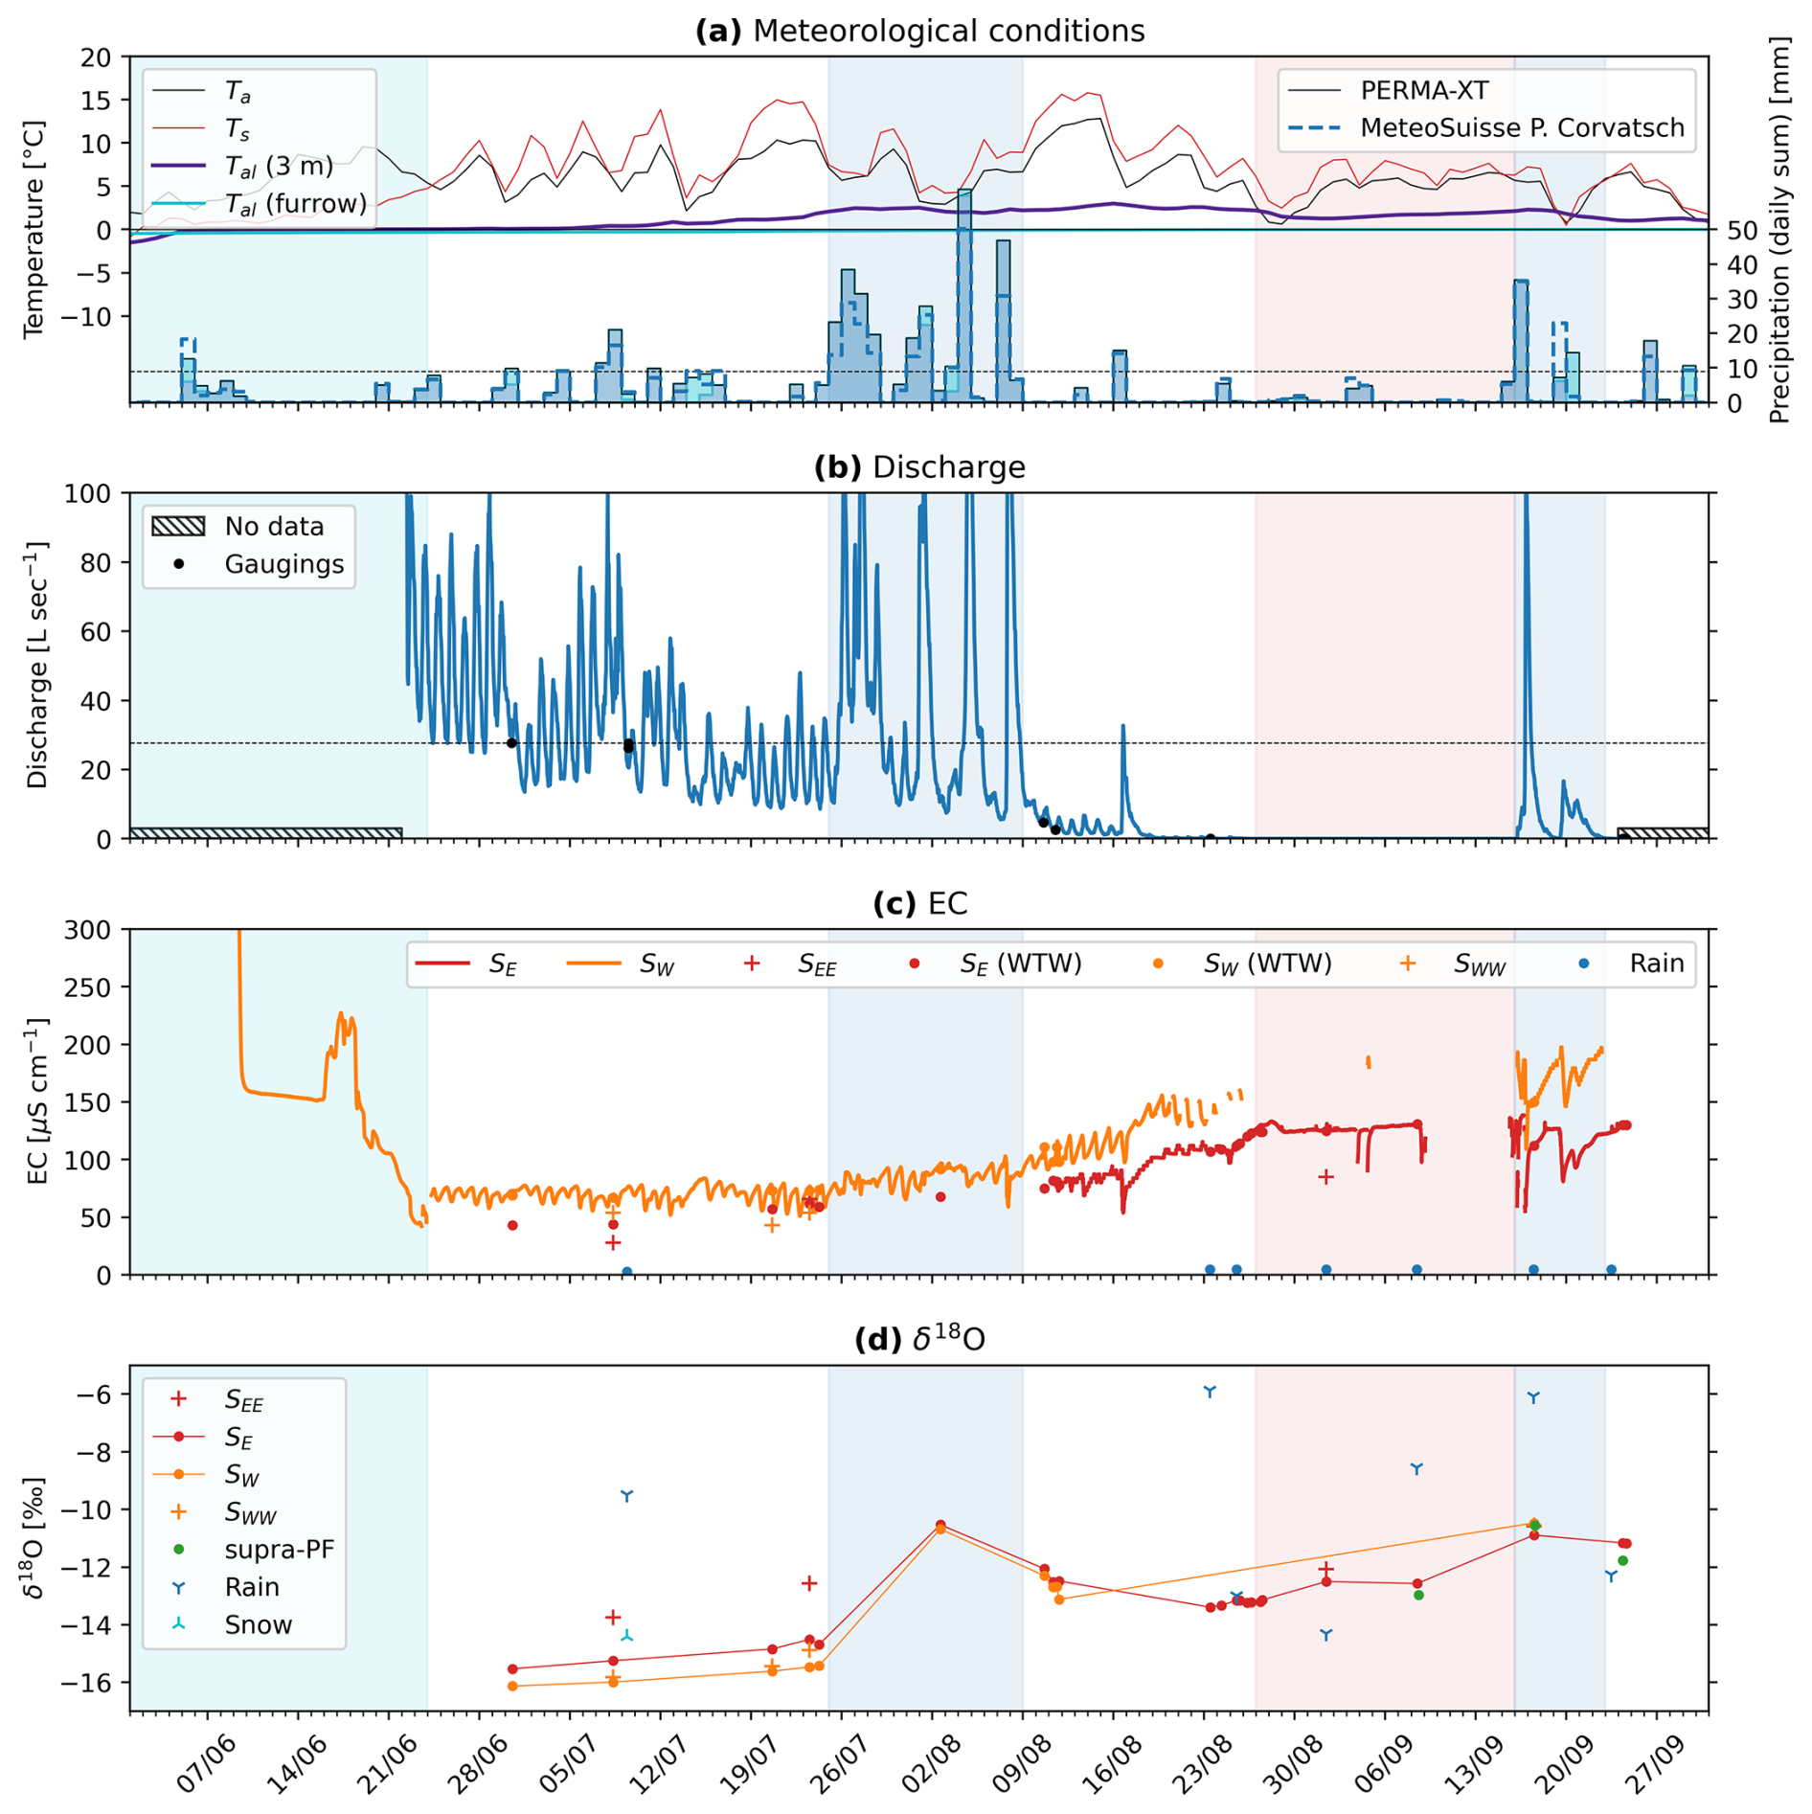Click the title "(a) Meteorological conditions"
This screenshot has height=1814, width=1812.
coord(919,31)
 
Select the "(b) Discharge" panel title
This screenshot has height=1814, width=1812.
coord(919,467)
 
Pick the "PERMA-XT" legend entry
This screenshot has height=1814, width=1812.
coord(1424,91)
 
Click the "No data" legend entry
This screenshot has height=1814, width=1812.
coord(274,527)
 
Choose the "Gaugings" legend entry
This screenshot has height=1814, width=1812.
coord(283,564)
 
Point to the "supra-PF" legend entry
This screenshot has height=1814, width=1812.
coord(279,1550)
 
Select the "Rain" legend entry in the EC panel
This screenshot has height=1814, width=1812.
coord(1656,964)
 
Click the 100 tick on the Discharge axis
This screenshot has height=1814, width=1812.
coord(87,494)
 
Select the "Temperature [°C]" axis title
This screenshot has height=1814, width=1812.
coord(34,229)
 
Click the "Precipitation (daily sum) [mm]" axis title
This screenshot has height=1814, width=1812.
coord(1779,230)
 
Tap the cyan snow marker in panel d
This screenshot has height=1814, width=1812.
coord(626,1636)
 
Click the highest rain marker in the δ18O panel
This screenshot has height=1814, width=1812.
coord(1210,1392)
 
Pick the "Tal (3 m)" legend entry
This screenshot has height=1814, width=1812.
coord(279,167)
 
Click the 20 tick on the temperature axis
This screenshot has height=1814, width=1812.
coord(96,57)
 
